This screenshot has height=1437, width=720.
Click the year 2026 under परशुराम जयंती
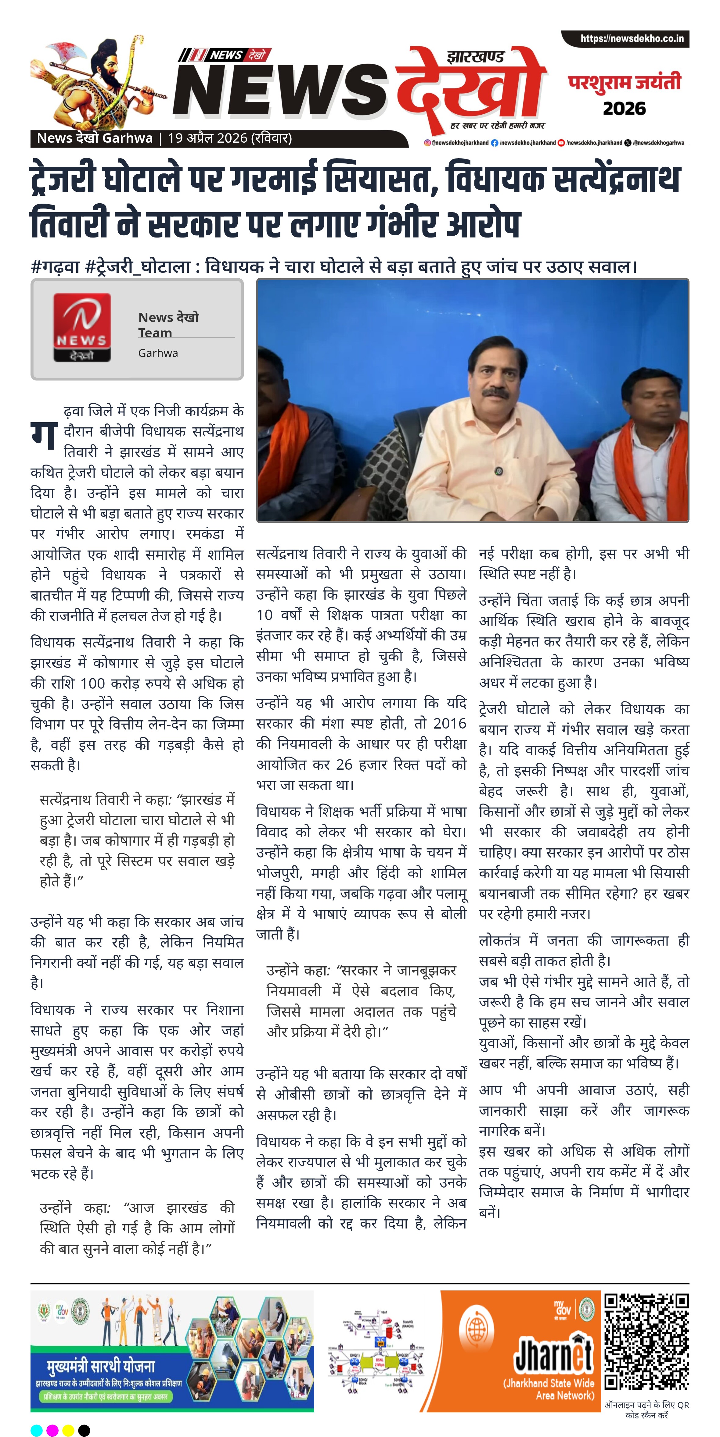(x=624, y=108)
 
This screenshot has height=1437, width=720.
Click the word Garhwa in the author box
(x=158, y=353)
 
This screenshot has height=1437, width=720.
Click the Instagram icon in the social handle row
(x=427, y=143)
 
